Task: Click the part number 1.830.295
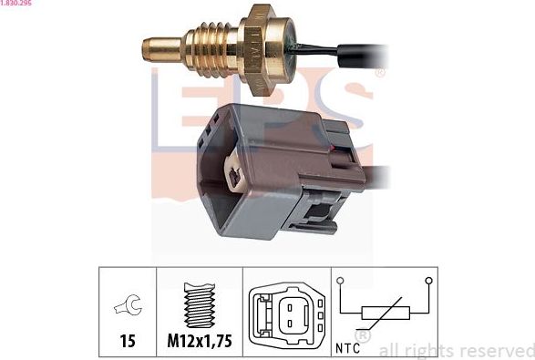point(17,5)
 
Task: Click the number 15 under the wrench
point(127,341)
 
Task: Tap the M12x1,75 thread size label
point(200,341)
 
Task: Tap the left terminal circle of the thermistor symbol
point(339,280)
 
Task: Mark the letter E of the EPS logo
point(182,105)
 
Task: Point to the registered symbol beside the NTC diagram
point(361,336)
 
